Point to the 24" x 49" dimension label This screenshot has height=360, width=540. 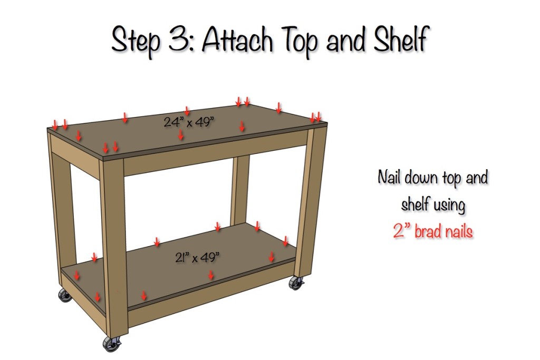[x=188, y=122]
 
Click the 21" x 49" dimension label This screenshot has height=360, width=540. [x=197, y=258]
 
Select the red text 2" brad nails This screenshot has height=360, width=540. [x=432, y=231]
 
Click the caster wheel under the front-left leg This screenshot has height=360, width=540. [x=111, y=344]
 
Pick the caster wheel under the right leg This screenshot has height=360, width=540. [x=294, y=284]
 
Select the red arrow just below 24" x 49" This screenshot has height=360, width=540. [x=181, y=135]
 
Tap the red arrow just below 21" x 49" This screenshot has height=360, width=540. [x=211, y=274]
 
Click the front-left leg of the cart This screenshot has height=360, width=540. [x=114, y=242]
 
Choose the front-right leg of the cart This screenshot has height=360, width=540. [x=316, y=200]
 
